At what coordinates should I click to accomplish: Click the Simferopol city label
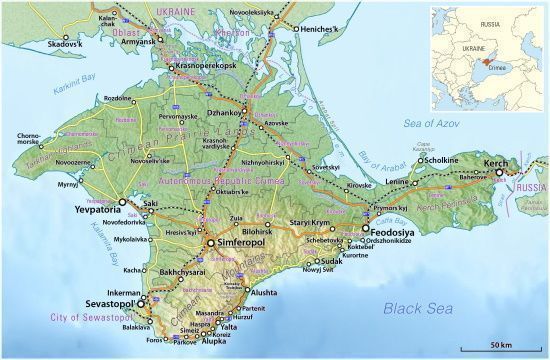[x=240, y=243]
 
